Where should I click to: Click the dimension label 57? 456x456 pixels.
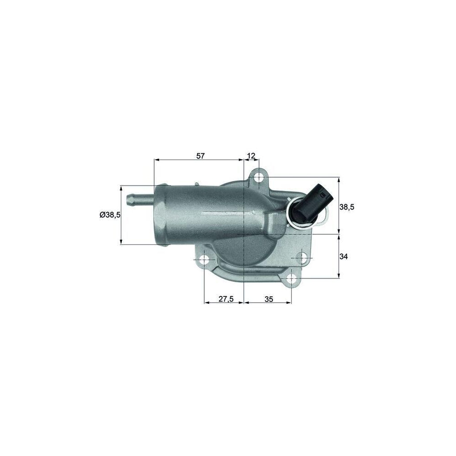(201, 156)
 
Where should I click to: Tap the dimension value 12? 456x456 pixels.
(251, 156)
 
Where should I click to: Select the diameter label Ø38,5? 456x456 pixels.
(110, 215)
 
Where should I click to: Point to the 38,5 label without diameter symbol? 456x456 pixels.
(347, 207)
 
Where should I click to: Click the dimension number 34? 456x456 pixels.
(344, 257)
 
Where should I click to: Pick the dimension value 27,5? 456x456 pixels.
(226, 299)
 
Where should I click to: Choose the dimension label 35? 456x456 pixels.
(269, 299)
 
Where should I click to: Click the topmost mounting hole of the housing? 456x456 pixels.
(259, 177)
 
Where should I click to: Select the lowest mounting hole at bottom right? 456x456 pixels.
(292, 277)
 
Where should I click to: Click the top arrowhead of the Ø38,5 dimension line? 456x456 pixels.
(121, 188)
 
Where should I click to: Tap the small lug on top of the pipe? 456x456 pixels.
(196, 184)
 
